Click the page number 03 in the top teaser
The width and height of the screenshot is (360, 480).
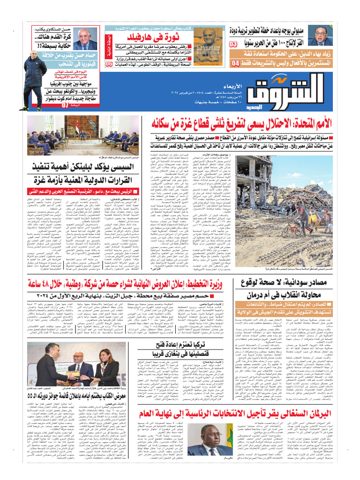233,44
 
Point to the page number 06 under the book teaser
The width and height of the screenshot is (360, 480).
109,63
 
